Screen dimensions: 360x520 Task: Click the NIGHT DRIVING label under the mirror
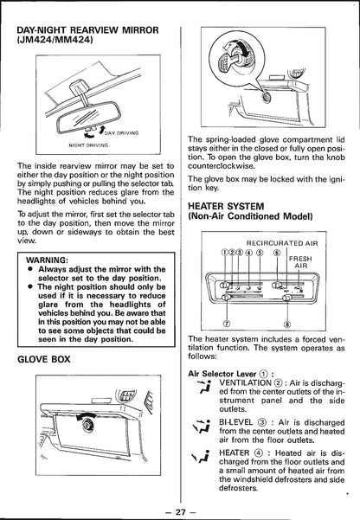(88, 145)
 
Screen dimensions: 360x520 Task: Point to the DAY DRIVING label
(121, 133)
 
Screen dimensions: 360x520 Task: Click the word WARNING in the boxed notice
(47, 260)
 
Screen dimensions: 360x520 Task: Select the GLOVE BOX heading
(44, 359)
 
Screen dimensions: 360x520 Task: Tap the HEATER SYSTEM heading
(226, 207)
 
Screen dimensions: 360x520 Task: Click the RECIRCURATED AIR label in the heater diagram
(282, 243)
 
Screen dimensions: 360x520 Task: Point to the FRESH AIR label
(300, 262)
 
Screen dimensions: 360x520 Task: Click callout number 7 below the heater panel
(228, 324)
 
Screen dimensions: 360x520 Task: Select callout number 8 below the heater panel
(287, 324)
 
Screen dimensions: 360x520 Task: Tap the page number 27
(180, 511)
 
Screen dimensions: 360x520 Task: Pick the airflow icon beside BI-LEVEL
(202, 427)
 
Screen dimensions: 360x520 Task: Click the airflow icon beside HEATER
(202, 458)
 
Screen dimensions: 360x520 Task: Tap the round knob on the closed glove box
(87, 424)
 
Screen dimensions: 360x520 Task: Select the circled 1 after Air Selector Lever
(264, 374)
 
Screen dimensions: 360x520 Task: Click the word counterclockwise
(222, 166)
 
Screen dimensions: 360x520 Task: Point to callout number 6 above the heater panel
(277, 253)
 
